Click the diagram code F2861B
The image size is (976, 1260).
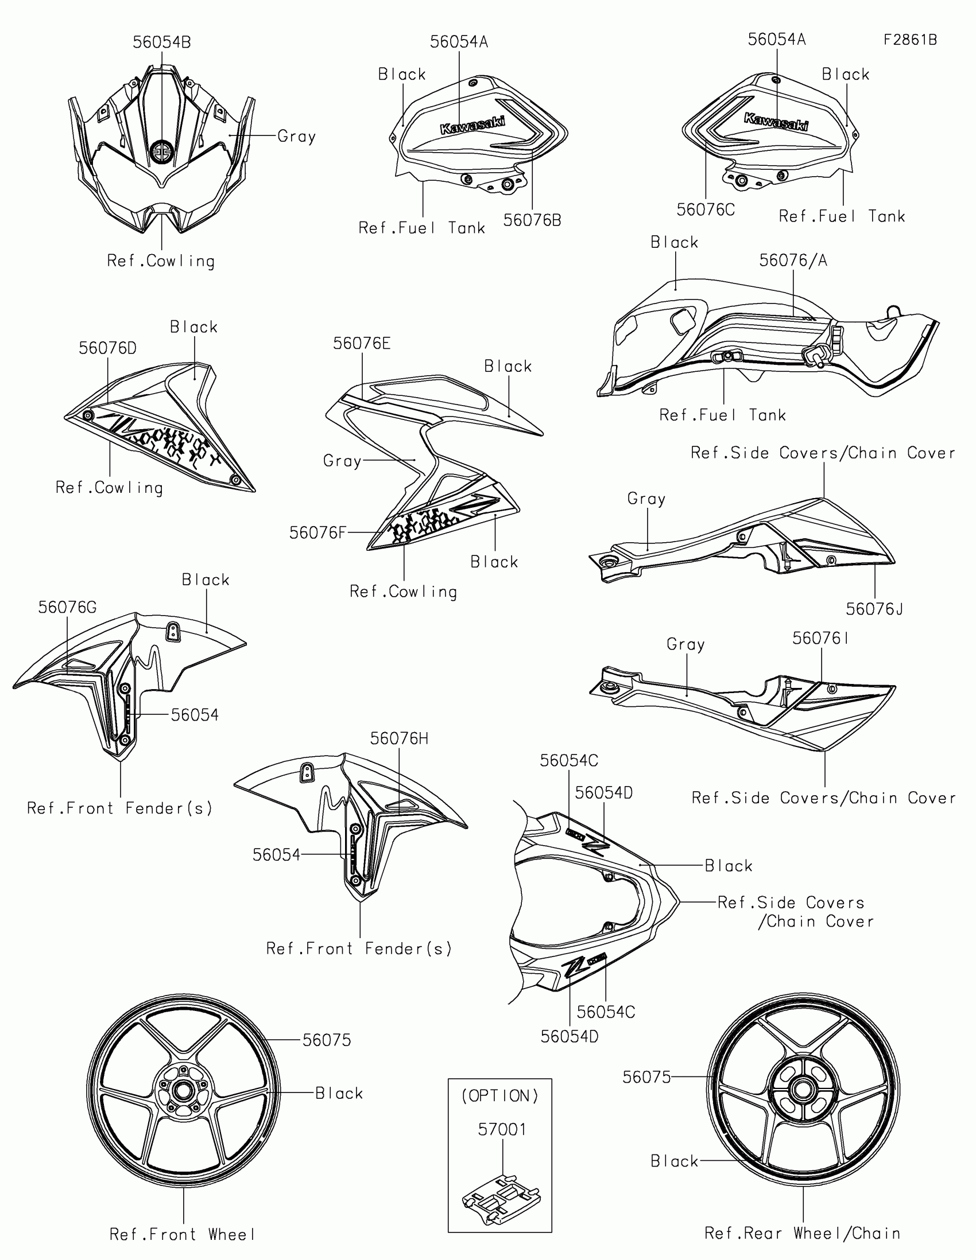click(909, 40)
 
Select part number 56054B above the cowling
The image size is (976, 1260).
click(161, 42)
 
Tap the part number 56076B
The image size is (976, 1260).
click(532, 220)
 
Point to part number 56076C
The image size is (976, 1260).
click(706, 209)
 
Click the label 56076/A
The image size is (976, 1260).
click(793, 260)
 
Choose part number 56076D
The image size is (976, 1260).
click(107, 348)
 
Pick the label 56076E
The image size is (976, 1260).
click(361, 343)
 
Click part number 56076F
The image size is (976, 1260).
click(317, 532)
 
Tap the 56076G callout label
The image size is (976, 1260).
click(67, 607)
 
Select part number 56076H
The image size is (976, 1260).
click(399, 738)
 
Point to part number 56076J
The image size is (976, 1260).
click(874, 609)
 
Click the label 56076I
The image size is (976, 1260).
click(820, 638)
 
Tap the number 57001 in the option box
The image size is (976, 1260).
click(502, 1129)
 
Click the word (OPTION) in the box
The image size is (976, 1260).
click(500, 1095)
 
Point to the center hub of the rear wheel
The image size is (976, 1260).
click(801, 1089)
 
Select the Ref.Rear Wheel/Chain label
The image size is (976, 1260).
click(802, 1233)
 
